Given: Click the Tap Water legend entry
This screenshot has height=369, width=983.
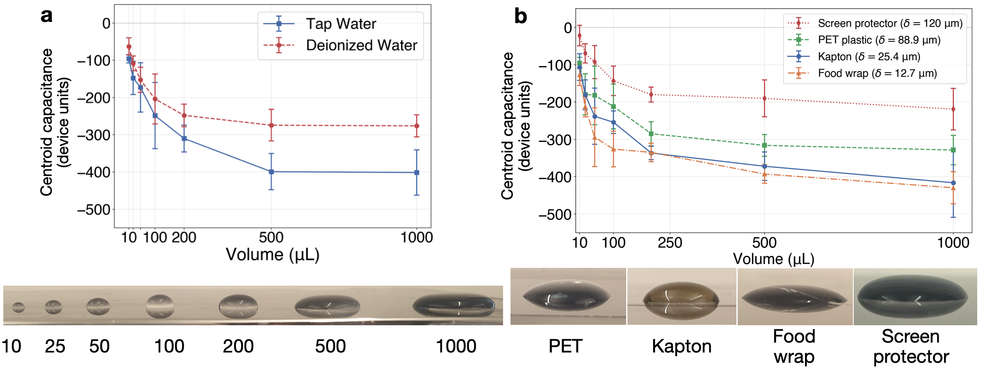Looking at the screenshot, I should [x=341, y=24].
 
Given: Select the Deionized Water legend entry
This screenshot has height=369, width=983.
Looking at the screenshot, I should [x=361, y=45].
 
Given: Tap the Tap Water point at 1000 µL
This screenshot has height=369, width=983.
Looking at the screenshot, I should [x=417, y=173].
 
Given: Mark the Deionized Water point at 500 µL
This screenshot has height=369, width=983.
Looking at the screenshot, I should [x=271, y=125].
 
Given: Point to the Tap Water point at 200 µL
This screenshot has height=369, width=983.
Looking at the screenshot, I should [x=184, y=139].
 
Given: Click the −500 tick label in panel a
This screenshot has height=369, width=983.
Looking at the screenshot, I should [x=94, y=210].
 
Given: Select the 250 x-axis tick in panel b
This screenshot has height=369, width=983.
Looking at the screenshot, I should [x=670, y=243].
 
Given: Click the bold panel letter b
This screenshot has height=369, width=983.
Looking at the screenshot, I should [x=520, y=17].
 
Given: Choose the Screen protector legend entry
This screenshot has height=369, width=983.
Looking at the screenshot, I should [x=890, y=23].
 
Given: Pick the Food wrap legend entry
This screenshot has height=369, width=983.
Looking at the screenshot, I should [x=877, y=73].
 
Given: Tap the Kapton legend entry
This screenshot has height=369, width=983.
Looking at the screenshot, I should [x=869, y=57].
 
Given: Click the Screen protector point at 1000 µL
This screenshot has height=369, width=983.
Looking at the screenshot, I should [x=953, y=109].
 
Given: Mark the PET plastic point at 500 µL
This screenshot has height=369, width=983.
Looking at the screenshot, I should [x=765, y=145].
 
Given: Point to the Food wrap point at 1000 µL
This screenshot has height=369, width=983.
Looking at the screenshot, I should [x=953, y=188].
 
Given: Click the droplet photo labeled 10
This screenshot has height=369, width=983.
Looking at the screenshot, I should [x=18, y=307].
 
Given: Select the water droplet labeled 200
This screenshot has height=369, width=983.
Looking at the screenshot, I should [x=238, y=307].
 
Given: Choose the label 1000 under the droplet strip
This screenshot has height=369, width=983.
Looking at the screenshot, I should [x=456, y=346].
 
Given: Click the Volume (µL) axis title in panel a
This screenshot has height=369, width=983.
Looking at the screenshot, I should [x=273, y=255].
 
